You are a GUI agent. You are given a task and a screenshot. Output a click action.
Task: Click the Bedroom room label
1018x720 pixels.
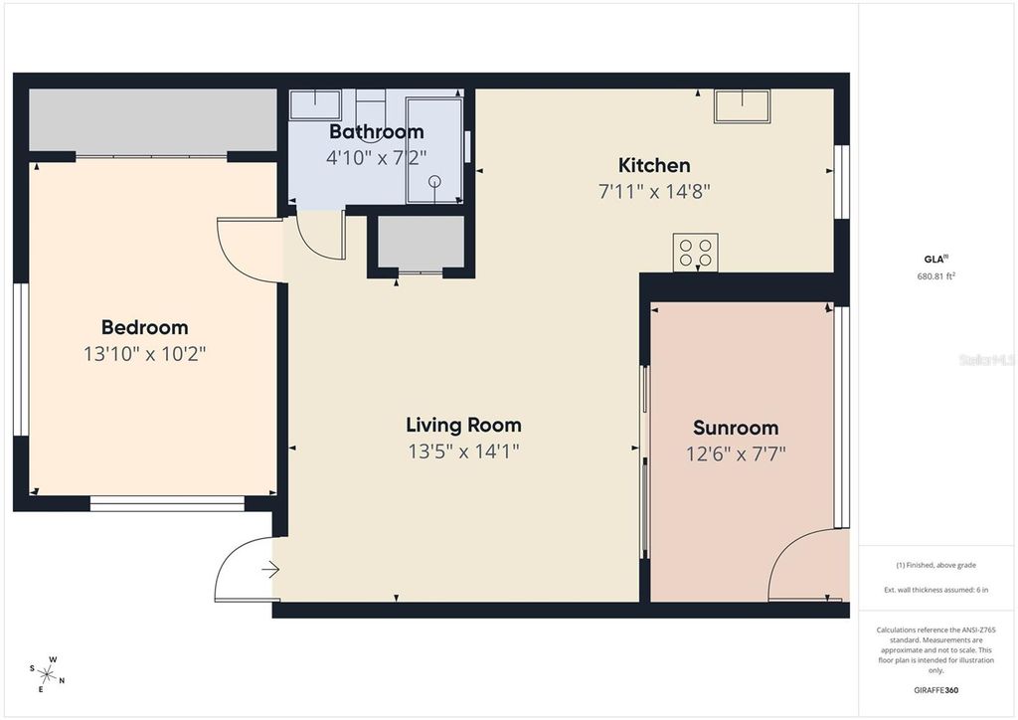coord(144,327)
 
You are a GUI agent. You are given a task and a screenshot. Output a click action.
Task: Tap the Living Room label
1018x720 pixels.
coord(463,425)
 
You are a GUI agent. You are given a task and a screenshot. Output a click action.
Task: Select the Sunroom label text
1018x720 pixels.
coord(735,428)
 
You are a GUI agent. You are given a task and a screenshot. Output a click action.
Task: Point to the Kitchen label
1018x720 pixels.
coord(654,165)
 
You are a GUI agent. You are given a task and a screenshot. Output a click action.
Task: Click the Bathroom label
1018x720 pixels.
coord(376,131)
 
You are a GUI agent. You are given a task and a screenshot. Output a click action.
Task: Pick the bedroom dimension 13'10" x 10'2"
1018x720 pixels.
coord(144,353)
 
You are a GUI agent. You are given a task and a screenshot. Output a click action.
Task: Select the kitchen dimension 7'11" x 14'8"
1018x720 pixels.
coord(654,191)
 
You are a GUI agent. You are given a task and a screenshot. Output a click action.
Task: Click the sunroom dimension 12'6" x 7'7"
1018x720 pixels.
coord(735,453)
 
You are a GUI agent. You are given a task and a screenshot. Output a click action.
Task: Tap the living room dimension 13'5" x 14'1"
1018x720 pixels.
coord(463,450)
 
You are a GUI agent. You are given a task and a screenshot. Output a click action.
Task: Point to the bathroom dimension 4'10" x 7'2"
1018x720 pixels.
coord(376,156)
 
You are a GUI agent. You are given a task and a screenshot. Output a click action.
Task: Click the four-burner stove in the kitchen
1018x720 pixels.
coord(695,252)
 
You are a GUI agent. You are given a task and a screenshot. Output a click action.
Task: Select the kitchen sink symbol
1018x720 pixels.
coord(742,106)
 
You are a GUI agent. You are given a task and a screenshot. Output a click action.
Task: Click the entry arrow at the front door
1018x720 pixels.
coord(270,570)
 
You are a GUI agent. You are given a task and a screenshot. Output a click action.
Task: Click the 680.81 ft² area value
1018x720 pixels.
coord(935,276)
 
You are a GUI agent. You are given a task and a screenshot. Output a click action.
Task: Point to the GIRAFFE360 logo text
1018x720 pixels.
coord(935,690)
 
